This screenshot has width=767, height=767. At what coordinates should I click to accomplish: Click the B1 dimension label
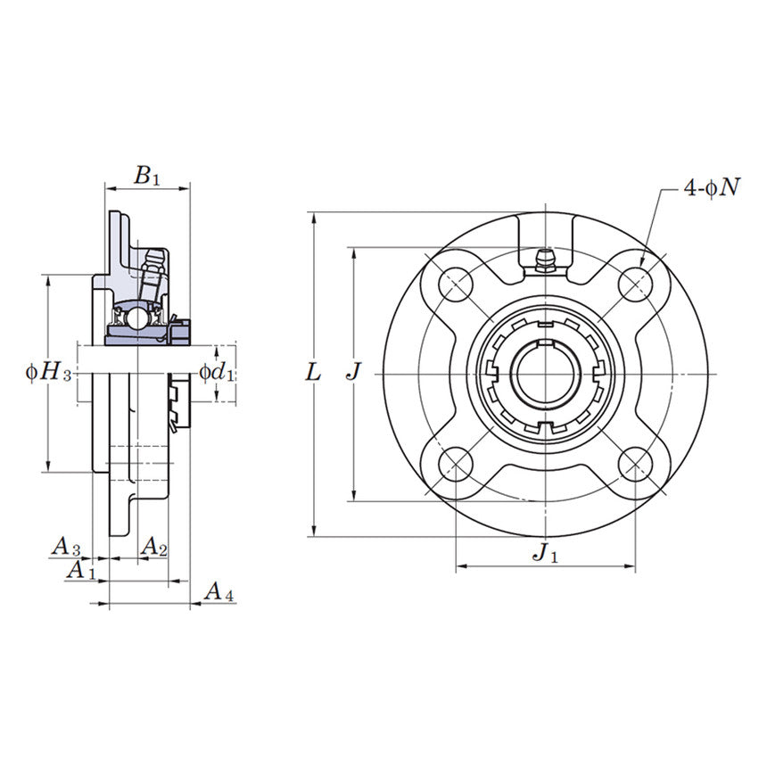[147, 176]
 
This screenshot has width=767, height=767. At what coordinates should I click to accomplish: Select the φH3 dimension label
[48, 372]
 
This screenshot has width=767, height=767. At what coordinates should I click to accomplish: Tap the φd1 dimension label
[217, 372]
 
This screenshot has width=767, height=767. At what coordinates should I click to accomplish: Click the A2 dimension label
[154, 546]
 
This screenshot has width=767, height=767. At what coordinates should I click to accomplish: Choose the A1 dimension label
[81, 569]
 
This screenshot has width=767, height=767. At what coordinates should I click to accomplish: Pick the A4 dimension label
[219, 590]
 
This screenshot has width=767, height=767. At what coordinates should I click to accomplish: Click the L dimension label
[312, 372]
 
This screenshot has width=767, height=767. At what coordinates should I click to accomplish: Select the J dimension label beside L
[354, 372]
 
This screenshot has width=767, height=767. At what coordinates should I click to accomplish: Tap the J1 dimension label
[545, 553]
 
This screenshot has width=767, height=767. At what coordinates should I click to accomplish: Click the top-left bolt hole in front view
[457, 283]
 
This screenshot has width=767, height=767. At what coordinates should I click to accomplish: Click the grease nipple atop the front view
[545, 260]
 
